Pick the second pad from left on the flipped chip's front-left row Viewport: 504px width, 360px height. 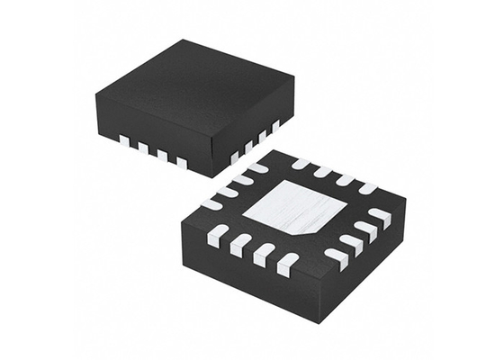click(240, 245)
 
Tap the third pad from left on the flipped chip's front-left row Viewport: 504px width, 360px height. click(263, 254)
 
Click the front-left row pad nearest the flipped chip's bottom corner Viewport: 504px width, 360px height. click(286, 264)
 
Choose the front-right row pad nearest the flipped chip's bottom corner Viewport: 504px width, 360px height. click(336, 257)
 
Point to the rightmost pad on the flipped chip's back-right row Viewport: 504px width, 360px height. click(367, 188)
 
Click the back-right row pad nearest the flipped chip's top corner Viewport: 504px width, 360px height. click(301, 164)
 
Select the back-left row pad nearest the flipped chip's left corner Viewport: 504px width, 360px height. click(211, 203)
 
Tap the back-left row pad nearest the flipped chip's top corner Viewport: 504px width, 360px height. click(257, 167)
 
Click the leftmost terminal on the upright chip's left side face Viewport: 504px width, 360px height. click(123, 139)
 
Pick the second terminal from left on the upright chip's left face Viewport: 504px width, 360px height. click(142, 147)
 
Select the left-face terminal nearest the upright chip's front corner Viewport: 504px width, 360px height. click(182, 163)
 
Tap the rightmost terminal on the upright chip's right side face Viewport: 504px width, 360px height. click(276, 124)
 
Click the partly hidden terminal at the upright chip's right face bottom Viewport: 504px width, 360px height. click(236, 157)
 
